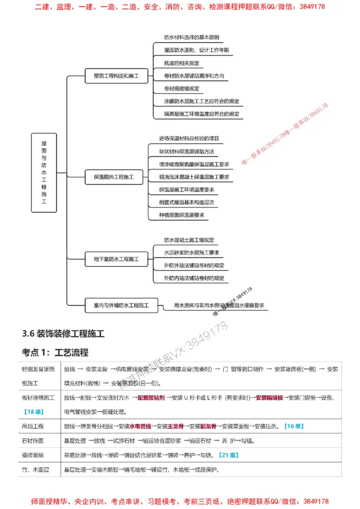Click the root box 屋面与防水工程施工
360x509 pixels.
[44, 172]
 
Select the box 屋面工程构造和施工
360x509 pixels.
[116, 76]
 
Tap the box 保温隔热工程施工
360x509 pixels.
[113, 177]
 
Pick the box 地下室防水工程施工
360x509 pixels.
[116, 259]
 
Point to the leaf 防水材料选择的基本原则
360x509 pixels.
[191, 37]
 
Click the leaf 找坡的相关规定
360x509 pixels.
[182, 63]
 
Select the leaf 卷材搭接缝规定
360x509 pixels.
[182, 89]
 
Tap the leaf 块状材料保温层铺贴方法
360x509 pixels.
[186, 151]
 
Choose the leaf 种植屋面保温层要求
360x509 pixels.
[181, 215]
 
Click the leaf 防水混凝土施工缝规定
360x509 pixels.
[189, 240]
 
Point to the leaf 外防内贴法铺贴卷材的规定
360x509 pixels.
[194, 278]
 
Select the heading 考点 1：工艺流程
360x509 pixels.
[55, 352]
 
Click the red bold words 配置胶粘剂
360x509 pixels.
[151, 398]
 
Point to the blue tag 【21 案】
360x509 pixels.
[228, 455]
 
